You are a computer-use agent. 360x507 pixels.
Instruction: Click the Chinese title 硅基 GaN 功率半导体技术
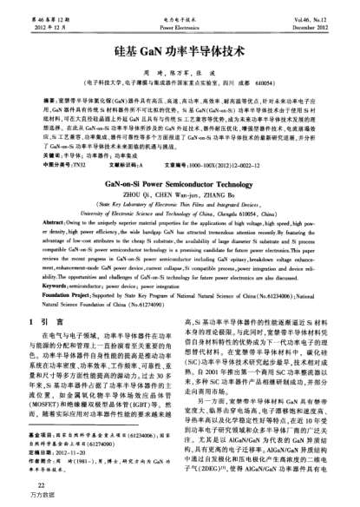179,50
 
